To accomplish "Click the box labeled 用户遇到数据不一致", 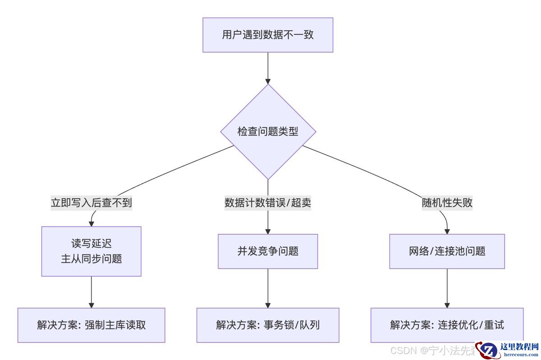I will point(268,35).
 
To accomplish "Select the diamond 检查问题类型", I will point(268,132).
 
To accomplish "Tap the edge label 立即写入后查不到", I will point(92,203).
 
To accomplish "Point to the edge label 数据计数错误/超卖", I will point(268,203).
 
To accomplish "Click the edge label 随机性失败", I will point(447,203).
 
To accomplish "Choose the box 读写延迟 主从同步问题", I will point(92,251).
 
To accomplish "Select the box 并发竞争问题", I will point(268,251).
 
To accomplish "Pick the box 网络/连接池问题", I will point(447,251).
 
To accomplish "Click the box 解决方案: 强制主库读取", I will point(92,325).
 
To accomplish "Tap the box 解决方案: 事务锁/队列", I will point(268,325).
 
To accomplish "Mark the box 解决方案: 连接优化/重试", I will point(447,325).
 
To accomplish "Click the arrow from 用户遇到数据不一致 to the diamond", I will point(268,68).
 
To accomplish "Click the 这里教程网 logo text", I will point(519,346).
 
